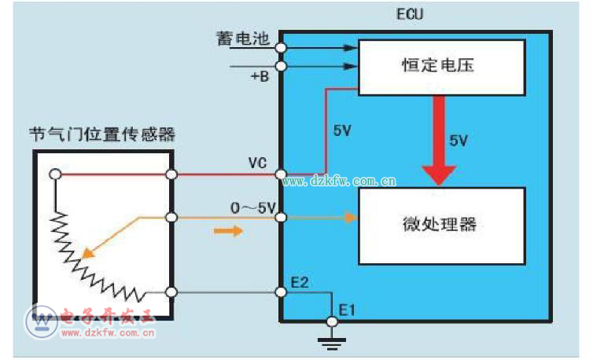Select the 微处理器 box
click(x=442, y=226)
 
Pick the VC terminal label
click(x=257, y=164)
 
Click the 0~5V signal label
click(x=253, y=208)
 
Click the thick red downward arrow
click(x=439, y=141)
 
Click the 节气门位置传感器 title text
click(x=102, y=134)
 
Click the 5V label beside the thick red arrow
click(x=459, y=140)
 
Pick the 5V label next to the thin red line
click(x=342, y=130)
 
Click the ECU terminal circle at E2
click(x=281, y=292)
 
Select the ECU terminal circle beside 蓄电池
click(x=281, y=47)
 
